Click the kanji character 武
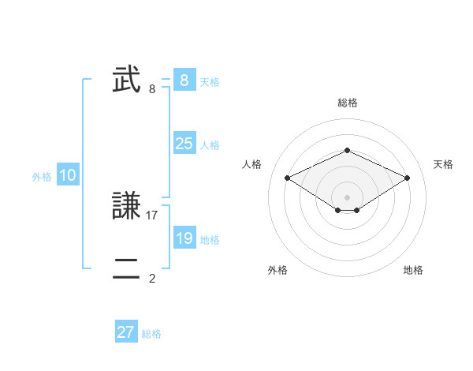pos(127,81)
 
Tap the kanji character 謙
pos(127,207)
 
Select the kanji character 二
pos(127,268)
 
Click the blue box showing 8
pos(184,81)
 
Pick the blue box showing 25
pos(184,144)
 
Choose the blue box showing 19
pos(184,238)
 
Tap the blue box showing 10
pos(68,176)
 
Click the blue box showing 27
pos(126,332)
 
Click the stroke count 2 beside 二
pos(152,278)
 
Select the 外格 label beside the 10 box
pos(42,177)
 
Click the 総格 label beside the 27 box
pos(151,334)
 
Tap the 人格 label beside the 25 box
pos(210,145)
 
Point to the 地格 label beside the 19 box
pos(210,240)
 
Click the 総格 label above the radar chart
pos(347,103)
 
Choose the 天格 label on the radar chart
pos(443,164)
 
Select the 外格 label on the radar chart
pos(277,270)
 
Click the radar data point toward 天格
pos(408,178)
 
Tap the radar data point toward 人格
pos(288,178)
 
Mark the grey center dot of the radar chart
pos(347,197)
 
